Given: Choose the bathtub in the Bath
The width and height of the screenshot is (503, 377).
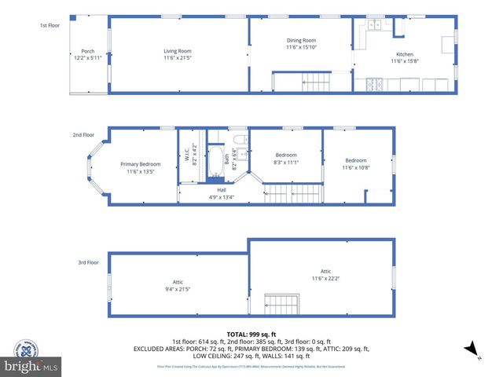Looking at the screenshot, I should pyautogui.click(x=216, y=165).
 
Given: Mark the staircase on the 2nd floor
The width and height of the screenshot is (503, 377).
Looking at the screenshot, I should pyautogui.click(x=292, y=193).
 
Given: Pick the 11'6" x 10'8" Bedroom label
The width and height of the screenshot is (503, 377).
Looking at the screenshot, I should pyautogui.click(x=355, y=163).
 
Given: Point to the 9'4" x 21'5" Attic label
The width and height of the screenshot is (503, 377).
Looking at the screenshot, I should pyautogui.click(x=178, y=285).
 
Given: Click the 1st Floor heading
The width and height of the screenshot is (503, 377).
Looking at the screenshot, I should pyautogui.click(x=50, y=25).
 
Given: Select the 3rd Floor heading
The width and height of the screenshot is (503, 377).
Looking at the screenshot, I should pyautogui.click(x=88, y=262).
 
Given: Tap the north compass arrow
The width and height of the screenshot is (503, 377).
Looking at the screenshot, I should pyautogui.click(x=469, y=349).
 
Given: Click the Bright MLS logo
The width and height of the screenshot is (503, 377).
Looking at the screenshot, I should pyautogui.click(x=31, y=365).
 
